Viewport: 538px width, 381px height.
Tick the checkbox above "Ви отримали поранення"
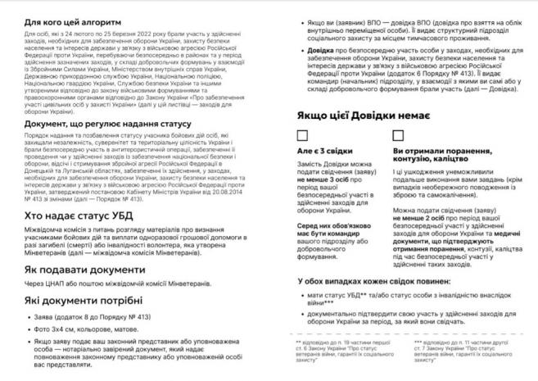398,135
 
